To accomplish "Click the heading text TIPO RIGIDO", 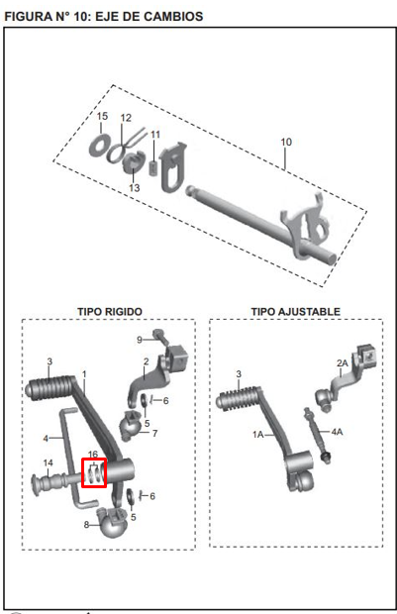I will [x=110, y=311].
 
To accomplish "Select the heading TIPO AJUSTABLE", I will [x=295, y=311].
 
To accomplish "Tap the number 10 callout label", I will [x=286, y=143].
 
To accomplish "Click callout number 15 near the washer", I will [x=102, y=117].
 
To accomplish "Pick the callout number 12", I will [x=126, y=117].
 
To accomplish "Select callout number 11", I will [x=155, y=134].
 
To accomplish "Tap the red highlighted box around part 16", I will [x=93, y=473].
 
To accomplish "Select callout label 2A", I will [x=344, y=363].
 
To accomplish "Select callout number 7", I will [x=153, y=434].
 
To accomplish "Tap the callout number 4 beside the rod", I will [x=45, y=438].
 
